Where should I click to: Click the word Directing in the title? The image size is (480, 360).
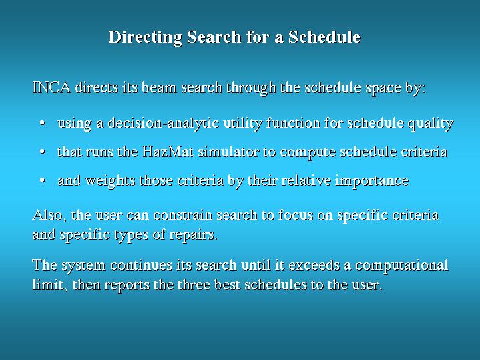click(x=146, y=37)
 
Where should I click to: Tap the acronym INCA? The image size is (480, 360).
click(x=51, y=87)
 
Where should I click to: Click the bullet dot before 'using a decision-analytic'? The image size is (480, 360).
click(x=43, y=123)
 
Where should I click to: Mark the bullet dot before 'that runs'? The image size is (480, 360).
click(x=43, y=152)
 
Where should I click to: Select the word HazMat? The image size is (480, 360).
click(x=168, y=152)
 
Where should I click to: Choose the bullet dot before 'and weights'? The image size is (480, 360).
click(x=43, y=180)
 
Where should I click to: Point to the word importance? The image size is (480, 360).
click(x=372, y=181)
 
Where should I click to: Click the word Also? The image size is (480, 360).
click(x=49, y=215)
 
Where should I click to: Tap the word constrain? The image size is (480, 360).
click(x=183, y=215)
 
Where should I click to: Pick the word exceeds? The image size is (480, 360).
click(x=314, y=265)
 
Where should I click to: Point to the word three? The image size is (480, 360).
click(x=194, y=285)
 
